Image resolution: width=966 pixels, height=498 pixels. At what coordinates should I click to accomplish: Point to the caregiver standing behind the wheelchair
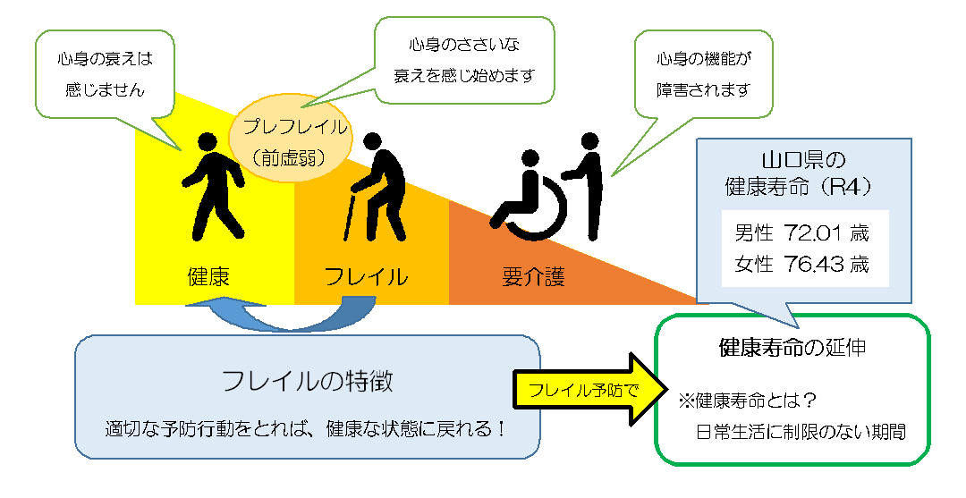pyautogui.click(x=589, y=183)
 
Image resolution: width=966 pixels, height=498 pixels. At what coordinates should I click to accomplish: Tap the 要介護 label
pyautogui.click(x=533, y=276)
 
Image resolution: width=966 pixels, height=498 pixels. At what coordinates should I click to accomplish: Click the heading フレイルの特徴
pyautogui.click(x=308, y=382)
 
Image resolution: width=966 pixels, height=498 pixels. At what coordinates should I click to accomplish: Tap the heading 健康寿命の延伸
pyautogui.click(x=792, y=347)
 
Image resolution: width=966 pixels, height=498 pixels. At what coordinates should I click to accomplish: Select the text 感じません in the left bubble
pyautogui.click(x=105, y=90)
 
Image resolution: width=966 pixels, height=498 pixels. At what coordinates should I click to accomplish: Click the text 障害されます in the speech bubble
pyautogui.click(x=702, y=90)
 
